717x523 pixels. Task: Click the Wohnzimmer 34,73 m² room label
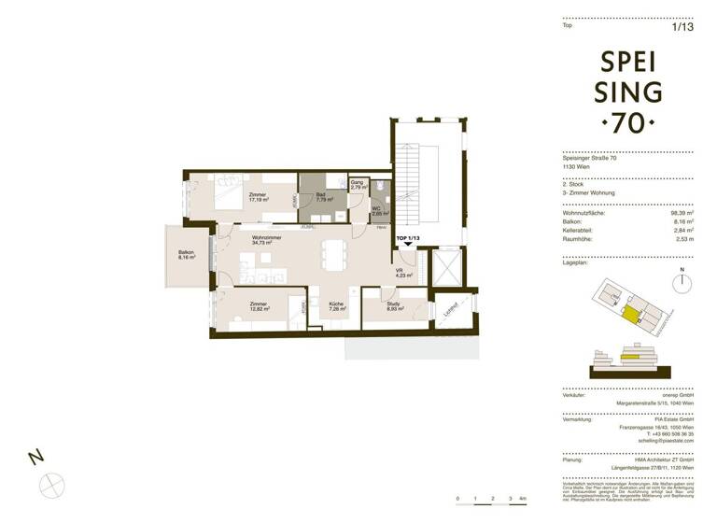point(265,239)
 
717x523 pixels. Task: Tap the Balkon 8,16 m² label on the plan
point(187,254)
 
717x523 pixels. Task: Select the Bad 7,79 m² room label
point(324,197)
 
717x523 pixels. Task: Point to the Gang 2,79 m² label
point(357,186)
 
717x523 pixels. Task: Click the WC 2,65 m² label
point(379,211)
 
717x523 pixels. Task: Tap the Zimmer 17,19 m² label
point(258,197)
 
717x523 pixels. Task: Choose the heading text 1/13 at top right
point(683,26)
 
